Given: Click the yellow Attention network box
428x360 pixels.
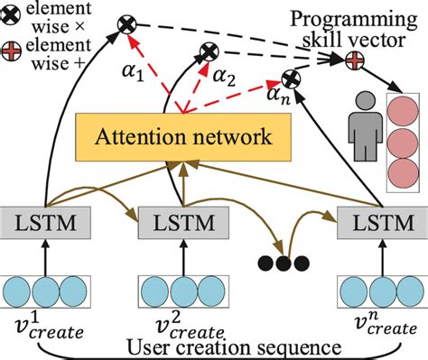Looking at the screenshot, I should (186, 137).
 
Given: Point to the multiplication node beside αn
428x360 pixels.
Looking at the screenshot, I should (291, 78).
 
